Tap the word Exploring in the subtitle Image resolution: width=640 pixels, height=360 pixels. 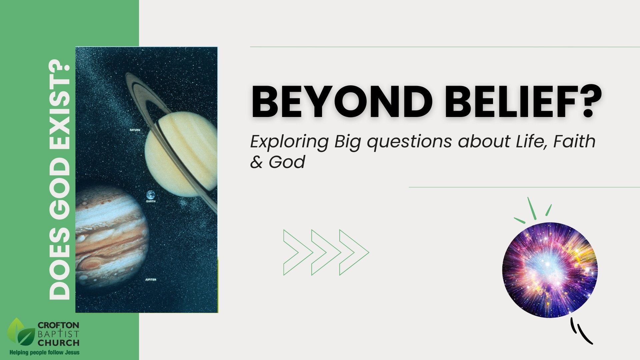[x=289, y=142]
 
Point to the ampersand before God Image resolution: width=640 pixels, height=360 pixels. [x=256, y=162]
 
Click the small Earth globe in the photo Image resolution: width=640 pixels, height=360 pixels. [x=151, y=195]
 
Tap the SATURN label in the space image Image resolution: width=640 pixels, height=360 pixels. [x=135, y=130]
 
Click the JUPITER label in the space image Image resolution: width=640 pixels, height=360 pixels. [x=151, y=280]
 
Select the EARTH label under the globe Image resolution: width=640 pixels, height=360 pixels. [x=151, y=201]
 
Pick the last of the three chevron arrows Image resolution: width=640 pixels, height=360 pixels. [x=353, y=252]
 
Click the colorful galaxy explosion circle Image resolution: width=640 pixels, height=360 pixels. [x=550, y=270]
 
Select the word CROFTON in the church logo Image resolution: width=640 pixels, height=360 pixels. [x=58, y=325]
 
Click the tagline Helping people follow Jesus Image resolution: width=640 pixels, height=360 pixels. [x=44, y=352]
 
